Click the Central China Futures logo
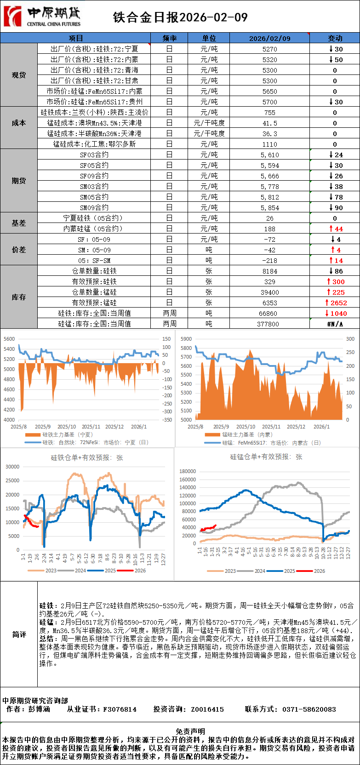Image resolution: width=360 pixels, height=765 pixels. click(x=42, y=17)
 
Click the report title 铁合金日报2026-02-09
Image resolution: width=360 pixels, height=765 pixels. click(x=180, y=17)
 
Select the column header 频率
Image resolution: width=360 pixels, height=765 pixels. click(x=169, y=38)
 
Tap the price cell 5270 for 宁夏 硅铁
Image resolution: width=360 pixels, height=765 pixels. click(x=269, y=49)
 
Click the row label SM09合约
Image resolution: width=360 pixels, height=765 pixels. click(x=94, y=207)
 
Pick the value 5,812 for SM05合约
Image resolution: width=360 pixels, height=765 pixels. click(x=269, y=197)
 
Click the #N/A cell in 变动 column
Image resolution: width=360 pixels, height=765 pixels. click(x=335, y=324)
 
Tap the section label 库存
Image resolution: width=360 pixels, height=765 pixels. click(x=19, y=297)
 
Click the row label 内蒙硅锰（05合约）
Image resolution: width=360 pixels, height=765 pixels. click(x=93, y=228)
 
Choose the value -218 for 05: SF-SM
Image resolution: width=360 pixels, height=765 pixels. click(x=269, y=260)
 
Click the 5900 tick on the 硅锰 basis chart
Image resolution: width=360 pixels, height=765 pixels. click(x=186, y=339)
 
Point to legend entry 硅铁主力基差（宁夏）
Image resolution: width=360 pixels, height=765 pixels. click(x=67, y=434)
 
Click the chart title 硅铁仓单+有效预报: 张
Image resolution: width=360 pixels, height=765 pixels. click(x=87, y=457)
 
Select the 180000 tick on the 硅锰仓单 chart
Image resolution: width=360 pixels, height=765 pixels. click(x=188, y=471)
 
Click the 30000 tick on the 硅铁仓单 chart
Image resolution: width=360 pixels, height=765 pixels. click(x=12, y=467)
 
